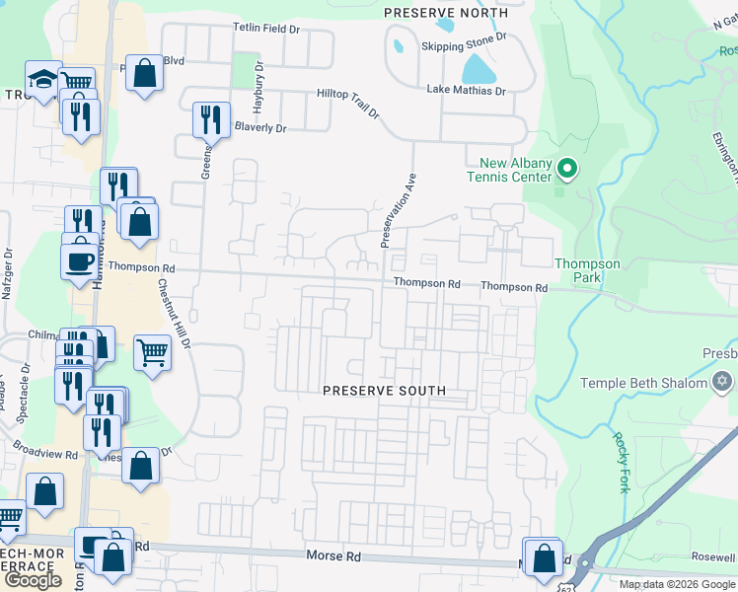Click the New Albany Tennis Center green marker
click(x=566, y=170)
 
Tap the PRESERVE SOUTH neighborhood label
click(x=385, y=391)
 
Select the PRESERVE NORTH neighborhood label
click(x=445, y=13)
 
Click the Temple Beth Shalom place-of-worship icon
click(x=722, y=382)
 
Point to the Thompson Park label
click(x=587, y=270)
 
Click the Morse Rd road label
click(x=334, y=556)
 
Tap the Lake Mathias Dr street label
click(x=466, y=90)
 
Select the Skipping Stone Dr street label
click(x=464, y=36)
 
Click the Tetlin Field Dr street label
click(x=266, y=29)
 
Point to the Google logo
click(x=33, y=579)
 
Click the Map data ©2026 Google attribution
click(x=677, y=584)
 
